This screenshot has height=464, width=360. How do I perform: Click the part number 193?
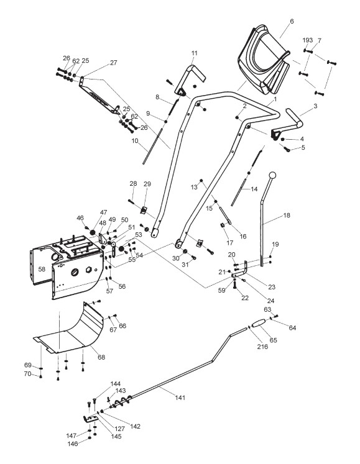coord(308,40)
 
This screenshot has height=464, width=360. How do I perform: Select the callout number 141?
coord(180,398)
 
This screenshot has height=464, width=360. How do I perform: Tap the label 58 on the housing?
coord(42,269)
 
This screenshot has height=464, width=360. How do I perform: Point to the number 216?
coord(262,347)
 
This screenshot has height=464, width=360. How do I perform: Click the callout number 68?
coord(101,357)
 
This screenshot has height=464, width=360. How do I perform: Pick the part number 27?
coord(114,63)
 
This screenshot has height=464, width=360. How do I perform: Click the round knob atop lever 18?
coord(272,175)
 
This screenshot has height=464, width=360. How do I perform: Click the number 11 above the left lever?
coord(194,53)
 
